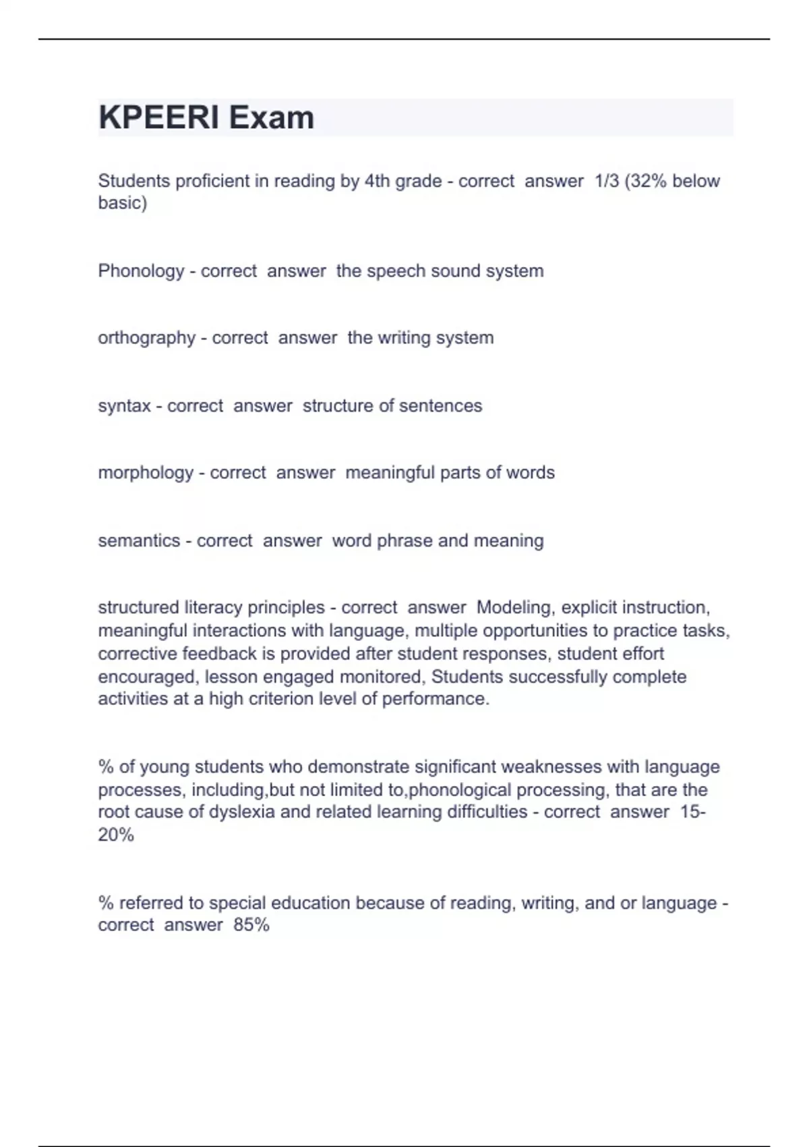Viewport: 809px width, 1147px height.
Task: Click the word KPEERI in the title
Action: (x=158, y=118)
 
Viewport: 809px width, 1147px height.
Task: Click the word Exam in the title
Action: (x=271, y=118)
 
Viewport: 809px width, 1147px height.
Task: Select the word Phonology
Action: (x=141, y=271)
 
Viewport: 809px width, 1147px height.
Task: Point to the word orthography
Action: (x=146, y=338)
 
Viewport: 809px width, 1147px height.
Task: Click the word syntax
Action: (x=124, y=406)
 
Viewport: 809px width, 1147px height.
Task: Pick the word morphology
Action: (x=146, y=473)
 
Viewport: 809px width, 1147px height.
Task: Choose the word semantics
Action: (x=139, y=541)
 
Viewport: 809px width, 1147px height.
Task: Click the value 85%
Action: (x=251, y=925)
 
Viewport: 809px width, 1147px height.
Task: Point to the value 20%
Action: (x=116, y=835)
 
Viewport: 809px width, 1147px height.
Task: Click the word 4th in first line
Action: (x=378, y=181)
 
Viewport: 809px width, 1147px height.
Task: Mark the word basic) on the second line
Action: (x=122, y=203)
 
